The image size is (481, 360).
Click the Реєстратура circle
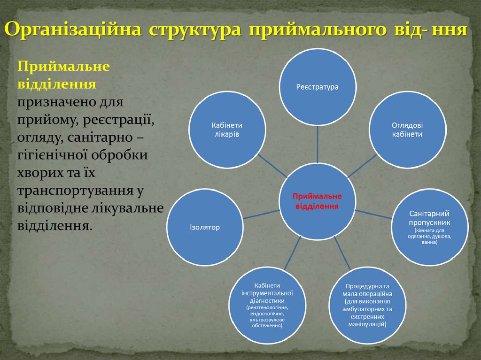[x=317, y=87]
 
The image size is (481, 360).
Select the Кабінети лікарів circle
[x=226, y=130]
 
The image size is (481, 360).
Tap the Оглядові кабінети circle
[x=407, y=130]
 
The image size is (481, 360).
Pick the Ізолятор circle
[x=205, y=227]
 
